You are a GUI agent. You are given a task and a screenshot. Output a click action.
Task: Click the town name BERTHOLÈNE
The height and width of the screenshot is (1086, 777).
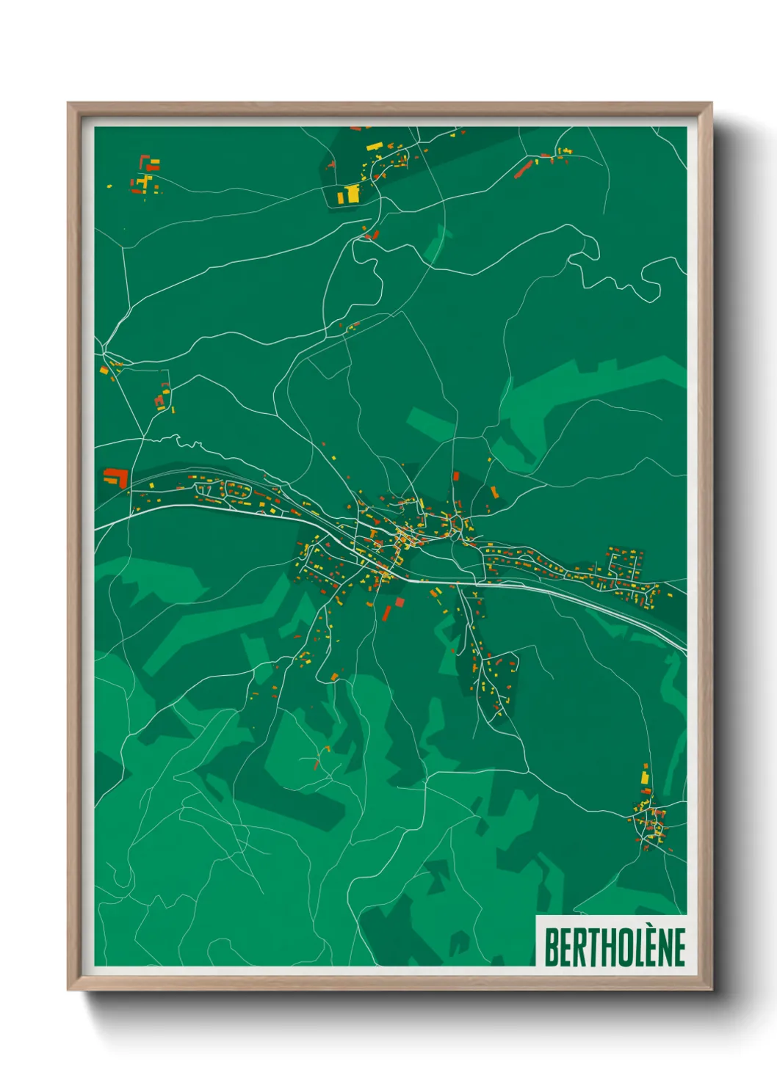pyautogui.click(x=614, y=947)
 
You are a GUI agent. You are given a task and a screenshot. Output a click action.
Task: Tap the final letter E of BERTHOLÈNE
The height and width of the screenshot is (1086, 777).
pyautogui.click(x=679, y=947)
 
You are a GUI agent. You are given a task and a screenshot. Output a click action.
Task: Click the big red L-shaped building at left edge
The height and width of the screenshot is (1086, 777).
pyautogui.click(x=117, y=477)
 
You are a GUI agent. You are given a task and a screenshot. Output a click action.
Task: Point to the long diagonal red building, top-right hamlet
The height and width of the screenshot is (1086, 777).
pyautogui.click(x=522, y=170)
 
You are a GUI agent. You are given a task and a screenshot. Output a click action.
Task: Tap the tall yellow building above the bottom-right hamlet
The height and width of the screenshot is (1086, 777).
pyautogui.click(x=645, y=776)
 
